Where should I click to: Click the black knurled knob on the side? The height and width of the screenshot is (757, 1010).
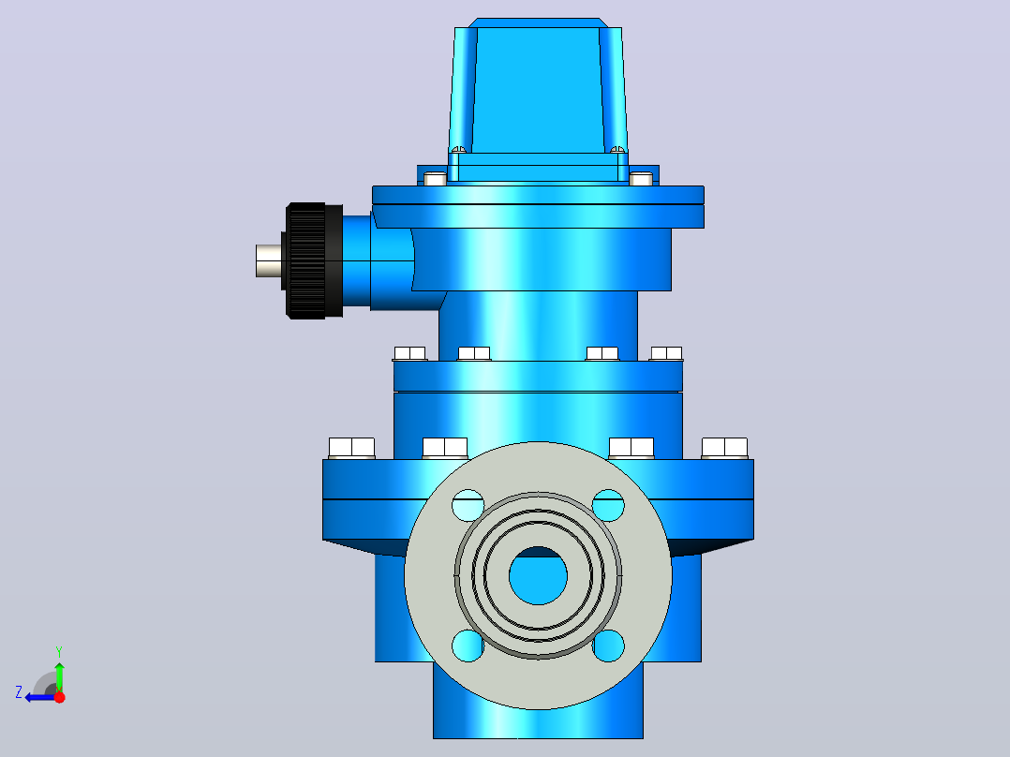click(x=313, y=261)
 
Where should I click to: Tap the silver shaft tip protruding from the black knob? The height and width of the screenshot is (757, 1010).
click(x=269, y=261)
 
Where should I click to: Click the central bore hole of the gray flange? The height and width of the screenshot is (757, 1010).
click(x=538, y=575)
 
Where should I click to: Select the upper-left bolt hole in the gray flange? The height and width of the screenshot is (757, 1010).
click(x=468, y=506)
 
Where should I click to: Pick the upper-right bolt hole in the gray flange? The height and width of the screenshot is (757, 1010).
click(x=608, y=506)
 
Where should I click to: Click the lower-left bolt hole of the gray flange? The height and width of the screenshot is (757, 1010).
click(x=468, y=646)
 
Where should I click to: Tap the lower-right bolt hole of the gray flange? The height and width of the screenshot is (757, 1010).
click(x=608, y=646)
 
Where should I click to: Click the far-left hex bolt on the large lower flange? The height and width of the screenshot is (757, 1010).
click(x=351, y=449)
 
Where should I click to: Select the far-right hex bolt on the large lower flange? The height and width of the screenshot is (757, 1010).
click(x=724, y=449)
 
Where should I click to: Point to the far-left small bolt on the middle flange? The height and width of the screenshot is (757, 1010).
click(x=409, y=354)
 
